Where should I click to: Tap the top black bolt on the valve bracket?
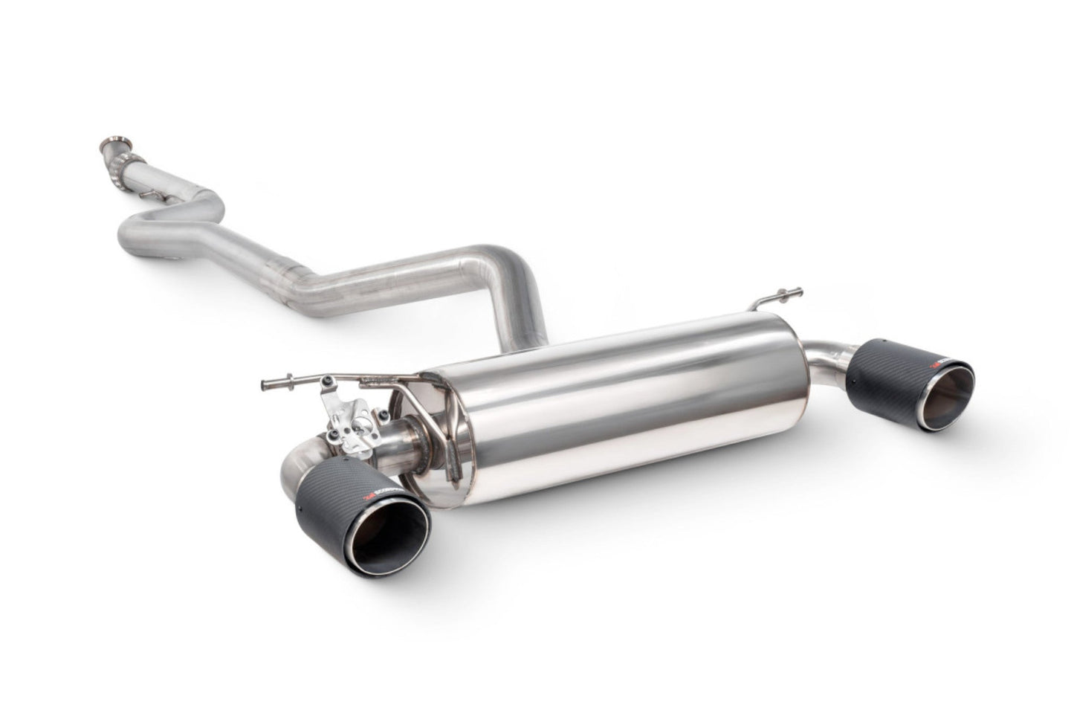[x=326, y=381]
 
